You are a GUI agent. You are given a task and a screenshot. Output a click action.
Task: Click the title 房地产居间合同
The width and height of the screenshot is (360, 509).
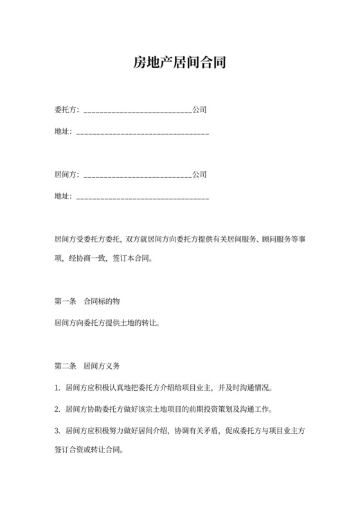click(x=180, y=63)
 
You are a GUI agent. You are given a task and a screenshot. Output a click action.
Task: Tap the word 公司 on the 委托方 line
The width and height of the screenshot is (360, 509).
click(x=199, y=110)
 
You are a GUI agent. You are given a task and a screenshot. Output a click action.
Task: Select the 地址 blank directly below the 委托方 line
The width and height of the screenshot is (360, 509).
click(x=143, y=133)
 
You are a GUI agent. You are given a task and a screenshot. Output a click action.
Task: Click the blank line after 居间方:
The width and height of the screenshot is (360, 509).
click(x=138, y=175)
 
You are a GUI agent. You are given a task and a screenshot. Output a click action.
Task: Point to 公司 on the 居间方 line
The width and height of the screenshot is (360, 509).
click(x=199, y=174)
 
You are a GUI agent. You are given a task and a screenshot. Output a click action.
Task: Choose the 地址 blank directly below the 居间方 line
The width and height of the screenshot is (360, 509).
click(x=143, y=197)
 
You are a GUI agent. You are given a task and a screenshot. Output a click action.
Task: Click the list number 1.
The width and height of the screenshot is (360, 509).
click(x=57, y=389)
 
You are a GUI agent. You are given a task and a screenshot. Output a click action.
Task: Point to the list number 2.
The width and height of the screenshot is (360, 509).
click(x=57, y=409)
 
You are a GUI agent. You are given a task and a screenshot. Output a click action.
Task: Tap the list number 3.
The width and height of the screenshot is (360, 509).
click(x=57, y=430)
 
